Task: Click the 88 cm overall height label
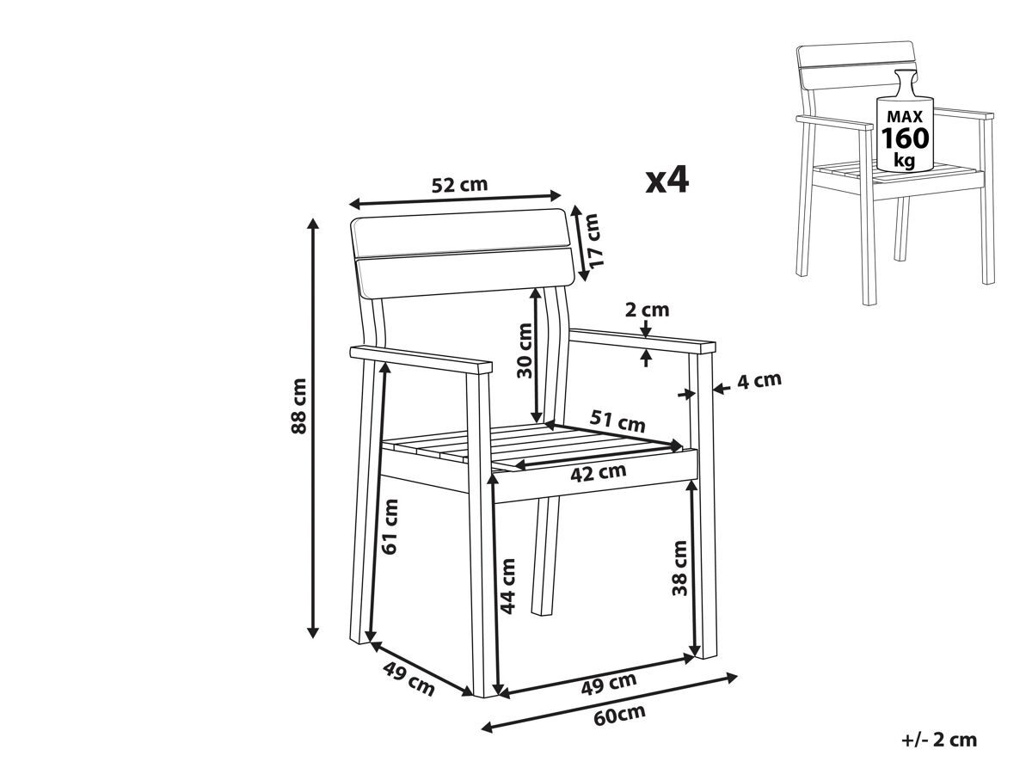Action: [x=298, y=406]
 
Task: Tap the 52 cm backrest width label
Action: [x=459, y=185]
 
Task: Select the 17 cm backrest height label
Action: [x=594, y=241]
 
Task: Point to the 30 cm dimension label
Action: [x=525, y=351]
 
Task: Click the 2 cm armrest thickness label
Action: [x=647, y=310]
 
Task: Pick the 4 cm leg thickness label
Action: [x=759, y=381]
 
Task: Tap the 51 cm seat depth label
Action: [x=617, y=421]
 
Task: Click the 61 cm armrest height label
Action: [x=390, y=527]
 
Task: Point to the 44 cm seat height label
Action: [x=507, y=587]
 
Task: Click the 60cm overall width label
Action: [x=619, y=716]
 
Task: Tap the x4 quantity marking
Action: [x=666, y=181]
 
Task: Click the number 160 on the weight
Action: [x=906, y=138]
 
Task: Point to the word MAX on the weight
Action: [x=905, y=116]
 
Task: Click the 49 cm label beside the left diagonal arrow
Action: [x=408, y=679]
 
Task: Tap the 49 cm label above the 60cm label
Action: [x=609, y=684]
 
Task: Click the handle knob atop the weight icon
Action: [x=905, y=83]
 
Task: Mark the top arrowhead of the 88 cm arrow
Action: [x=313, y=224]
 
